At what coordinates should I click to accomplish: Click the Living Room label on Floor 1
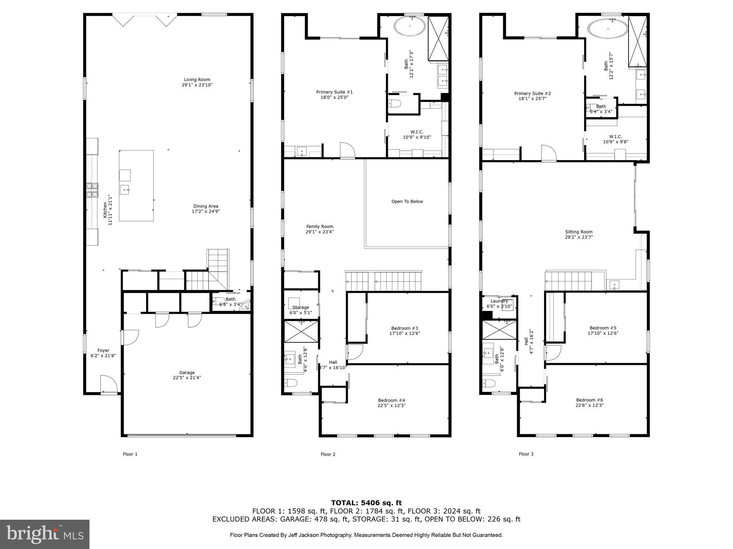coord(197,80)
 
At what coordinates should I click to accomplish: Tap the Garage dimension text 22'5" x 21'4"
coord(187,377)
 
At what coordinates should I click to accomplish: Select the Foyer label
coord(103,350)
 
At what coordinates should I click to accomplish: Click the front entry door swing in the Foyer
coord(108,385)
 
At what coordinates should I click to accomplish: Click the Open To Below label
coord(407,202)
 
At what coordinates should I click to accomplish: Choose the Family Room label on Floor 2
coord(320,226)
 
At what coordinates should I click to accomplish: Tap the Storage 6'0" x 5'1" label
coord(301,310)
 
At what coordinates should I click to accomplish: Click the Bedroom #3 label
coord(404,328)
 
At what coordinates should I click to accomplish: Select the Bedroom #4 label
coord(392,400)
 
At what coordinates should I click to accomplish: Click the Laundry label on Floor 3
coord(499,301)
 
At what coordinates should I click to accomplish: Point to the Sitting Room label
coord(579,232)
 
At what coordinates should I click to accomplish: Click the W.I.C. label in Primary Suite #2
coord(615,137)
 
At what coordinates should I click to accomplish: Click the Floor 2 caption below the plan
coord(328,454)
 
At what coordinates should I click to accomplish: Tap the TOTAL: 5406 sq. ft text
coord(366,503)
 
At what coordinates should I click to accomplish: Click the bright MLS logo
coord(45,534)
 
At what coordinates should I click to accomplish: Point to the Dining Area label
coord(205,206)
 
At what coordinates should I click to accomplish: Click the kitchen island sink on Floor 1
coord(125,189)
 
